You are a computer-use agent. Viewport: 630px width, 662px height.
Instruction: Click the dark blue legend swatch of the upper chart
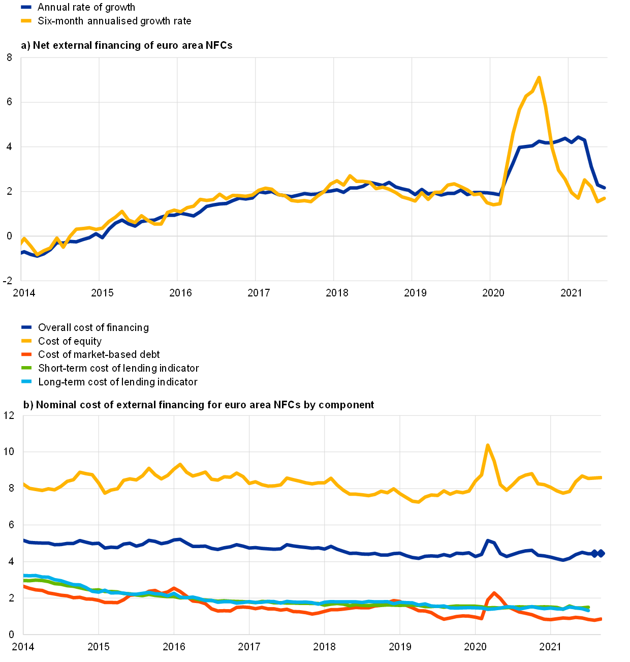(x=26, y=7)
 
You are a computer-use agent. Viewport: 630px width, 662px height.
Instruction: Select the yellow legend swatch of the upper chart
(x=26, y=21)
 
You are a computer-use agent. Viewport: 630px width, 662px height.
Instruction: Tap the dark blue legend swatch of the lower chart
(x=26, y=327)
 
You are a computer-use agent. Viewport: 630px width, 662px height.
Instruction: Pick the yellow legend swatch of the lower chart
(x=26, y=341)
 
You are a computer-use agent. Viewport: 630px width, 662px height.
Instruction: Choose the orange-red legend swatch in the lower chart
(x=26, y=354)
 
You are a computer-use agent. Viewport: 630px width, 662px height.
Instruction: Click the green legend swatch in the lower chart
(x=26, y=368)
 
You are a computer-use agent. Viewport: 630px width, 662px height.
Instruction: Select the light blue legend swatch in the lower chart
(x=26, y=381)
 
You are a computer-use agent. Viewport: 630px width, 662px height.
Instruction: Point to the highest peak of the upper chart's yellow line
(x=539, y=78)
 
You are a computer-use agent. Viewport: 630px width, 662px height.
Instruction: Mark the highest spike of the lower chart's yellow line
(x=488, y=445)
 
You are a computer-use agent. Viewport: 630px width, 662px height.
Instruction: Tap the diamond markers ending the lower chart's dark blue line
(x=598, y=553)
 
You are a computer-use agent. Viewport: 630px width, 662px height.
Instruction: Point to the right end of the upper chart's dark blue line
(x=605, y=188)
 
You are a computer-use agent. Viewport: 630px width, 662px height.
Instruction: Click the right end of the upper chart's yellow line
(x=605, y=198)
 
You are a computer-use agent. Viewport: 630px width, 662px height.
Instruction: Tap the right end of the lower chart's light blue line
(x=588, y=610)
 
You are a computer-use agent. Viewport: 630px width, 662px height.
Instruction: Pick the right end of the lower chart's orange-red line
(x=601, y=619)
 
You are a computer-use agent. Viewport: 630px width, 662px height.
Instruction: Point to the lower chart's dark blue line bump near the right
(x=488, y=540)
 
